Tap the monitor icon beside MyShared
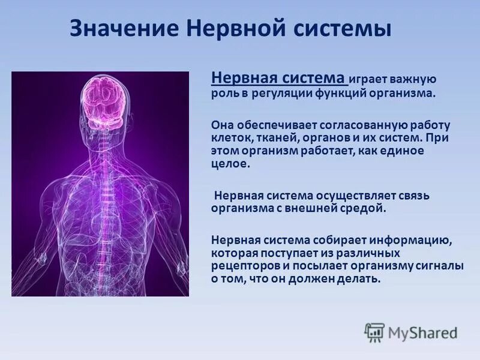click(x=374, y=332)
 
